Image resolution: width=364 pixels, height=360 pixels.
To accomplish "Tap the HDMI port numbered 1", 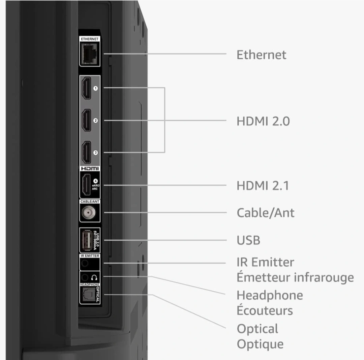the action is click(x=86, y=88).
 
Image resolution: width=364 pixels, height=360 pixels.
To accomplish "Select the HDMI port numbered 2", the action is click(x=86, y=120).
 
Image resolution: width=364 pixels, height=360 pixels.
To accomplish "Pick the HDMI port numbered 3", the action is click(x=86, y=152).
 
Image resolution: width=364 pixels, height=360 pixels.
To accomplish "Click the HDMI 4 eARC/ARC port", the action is click(x=86, y=185).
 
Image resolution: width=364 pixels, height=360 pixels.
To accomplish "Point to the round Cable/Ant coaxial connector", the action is click(x=88, y=213).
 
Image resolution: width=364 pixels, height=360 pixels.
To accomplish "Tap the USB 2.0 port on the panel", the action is click(x=86, y=240).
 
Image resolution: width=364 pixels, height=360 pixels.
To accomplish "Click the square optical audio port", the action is click(x=88, y=295).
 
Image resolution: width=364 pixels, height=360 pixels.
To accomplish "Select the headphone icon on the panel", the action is click(x=94, y=277).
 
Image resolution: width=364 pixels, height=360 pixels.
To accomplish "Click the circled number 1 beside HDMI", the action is click(x=95, y=88).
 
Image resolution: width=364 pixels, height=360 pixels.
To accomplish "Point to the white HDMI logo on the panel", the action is click(x=90, y=169).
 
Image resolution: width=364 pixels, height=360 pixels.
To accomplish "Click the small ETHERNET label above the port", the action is click(x=90, y=39).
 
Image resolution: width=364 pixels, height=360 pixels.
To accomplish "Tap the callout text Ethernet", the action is click(x=262, y=55).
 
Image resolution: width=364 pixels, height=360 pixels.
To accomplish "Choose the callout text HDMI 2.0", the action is click(x=263, y=121).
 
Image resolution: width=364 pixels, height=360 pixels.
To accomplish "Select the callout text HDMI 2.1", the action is click(x=263, y=186).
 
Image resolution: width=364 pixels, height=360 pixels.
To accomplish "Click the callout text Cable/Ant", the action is click(x=266, y=213).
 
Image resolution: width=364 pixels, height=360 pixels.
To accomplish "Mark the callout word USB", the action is click(x=248, y=240).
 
